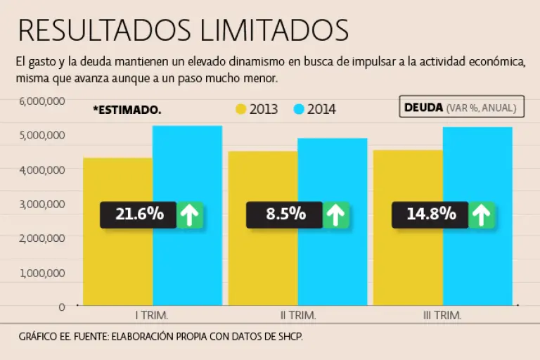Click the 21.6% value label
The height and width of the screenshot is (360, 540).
139,214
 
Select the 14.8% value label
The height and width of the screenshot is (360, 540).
431,214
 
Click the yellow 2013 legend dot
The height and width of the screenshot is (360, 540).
241,110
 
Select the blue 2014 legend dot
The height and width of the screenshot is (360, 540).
298,110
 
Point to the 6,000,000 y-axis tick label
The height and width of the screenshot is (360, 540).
42,101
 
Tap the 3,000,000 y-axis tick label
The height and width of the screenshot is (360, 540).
42,204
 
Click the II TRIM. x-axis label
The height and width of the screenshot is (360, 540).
297,316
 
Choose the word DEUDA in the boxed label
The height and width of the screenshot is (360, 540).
423,108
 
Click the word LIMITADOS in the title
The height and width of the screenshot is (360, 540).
274,30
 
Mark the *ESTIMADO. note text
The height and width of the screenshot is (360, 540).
127,110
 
